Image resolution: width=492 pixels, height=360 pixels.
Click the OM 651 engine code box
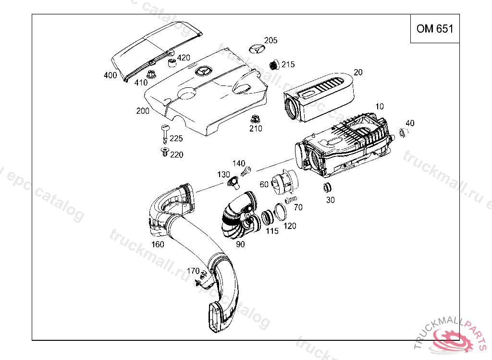(434, 29)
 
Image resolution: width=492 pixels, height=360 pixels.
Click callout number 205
(271, 41)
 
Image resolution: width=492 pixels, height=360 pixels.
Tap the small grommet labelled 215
(274, 64)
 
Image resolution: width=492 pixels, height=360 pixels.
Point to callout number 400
(110, 75)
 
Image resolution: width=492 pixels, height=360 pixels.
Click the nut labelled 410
(151, 74)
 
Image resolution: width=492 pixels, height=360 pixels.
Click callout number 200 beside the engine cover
(143, 111)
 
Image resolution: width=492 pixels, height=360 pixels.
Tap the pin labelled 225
(165, 131)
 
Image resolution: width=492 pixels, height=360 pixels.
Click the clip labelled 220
(165, 153)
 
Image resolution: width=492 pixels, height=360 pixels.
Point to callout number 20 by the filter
(358, 72)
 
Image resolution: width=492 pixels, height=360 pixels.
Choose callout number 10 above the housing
(380, 106)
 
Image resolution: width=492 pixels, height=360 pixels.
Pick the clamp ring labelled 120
(280, 211)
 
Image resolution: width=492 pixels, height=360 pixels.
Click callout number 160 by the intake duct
(158, 244)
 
